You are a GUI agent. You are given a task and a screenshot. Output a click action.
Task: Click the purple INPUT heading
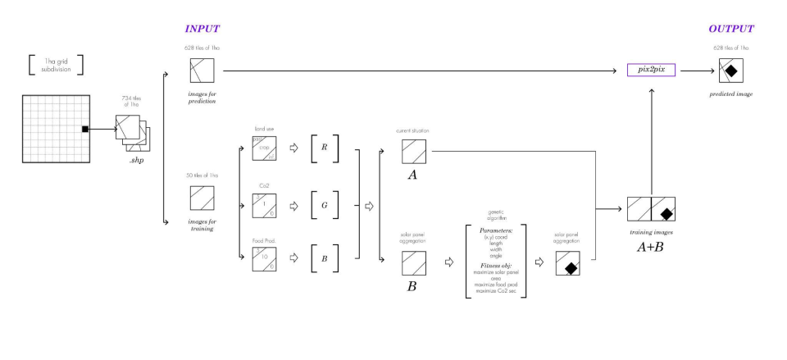(202, 29)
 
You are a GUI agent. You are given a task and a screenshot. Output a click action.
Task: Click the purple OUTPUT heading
(730, 29)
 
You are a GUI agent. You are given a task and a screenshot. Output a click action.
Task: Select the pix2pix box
(651, 71)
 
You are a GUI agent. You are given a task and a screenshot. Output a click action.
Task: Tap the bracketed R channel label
(324, 148)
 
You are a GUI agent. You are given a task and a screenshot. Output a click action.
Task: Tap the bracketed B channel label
(324, 258)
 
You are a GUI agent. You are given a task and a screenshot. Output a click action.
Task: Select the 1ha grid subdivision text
(57, 65)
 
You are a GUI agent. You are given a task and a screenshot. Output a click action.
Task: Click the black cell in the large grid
(84, 129)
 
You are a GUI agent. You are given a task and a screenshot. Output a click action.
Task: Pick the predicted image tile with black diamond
(730, 71)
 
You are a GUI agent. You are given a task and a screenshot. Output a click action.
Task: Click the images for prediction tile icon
(202, 71)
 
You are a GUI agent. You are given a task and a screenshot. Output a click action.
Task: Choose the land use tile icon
(264, 148)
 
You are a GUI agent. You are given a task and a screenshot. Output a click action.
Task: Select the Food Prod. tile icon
(264, 258)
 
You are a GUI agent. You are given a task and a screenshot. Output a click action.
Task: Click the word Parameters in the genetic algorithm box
(494, 230)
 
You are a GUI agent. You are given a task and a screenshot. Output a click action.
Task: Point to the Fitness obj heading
(494, 265)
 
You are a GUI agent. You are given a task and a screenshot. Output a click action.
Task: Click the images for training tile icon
(202, 198)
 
